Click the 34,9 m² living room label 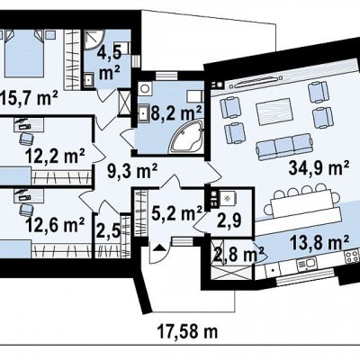[x=319, y=167]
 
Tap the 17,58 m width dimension [x=187, y=332]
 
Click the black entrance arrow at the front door [x=159, y=247]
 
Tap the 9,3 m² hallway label [x=132, y=172]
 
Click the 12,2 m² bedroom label [x=55, y=156]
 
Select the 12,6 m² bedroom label [x=55, y=224]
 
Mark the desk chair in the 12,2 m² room [x=27, y=139]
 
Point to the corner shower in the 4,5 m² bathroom [x=93, y=39]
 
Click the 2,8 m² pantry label [x=237, y=255]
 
